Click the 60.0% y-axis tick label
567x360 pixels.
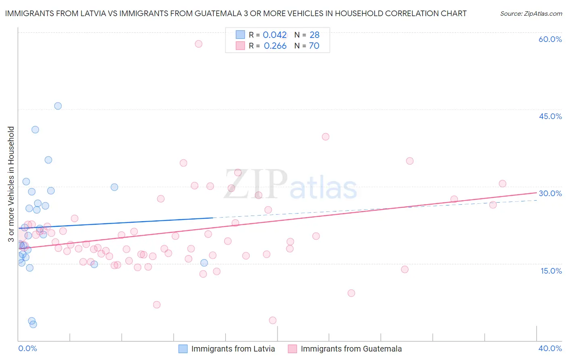(550, 39)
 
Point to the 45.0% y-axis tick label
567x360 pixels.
(550, 116)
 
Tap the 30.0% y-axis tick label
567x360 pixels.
(550, 193)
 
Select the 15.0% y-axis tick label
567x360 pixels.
(551, 271)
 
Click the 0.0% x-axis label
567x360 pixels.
(27, 348)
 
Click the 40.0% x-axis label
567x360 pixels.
(550, 348)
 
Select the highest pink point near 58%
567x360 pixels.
(198, 44)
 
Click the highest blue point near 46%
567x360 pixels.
(58, 106)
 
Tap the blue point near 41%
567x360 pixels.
(35, 130)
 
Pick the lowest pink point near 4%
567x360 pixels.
(273, 320)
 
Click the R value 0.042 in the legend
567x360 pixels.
(275, 35)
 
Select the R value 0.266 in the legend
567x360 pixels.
(275, 46)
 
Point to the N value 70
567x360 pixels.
(314, 46)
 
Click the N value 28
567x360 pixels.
(315, 35)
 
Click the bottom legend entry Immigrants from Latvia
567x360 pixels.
(233, 349)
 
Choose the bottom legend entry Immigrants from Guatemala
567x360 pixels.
(351, 349)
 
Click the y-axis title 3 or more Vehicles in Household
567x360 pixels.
(11, 184)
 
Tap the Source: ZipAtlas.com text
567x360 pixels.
(531, 14)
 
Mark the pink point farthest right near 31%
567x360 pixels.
(502, 184)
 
